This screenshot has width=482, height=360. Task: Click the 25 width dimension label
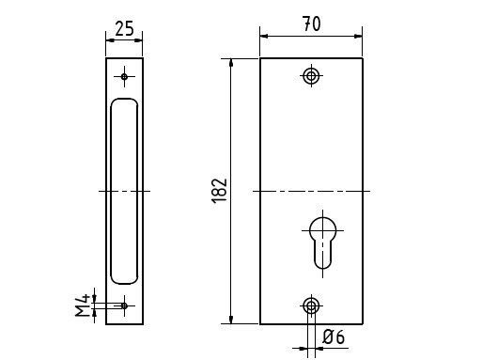pyautogui.click(x=124, y=28)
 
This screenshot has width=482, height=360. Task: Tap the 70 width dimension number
pyautogui.click(x=312, y=24)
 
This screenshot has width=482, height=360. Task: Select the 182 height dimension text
pyautogui.click(x=220, y=191)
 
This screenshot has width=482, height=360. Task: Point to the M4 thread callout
pyautogui.click(x=83, y=305)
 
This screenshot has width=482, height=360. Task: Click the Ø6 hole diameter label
pyautogui.click(x=334, y=337)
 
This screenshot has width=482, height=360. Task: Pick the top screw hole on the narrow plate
pyautogui.click(x=124, y=76)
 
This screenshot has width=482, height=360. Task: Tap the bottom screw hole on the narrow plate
pyautogui.click(x=124, y=305)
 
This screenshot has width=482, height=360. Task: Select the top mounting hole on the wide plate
pyautogui.click(x=311, y=75)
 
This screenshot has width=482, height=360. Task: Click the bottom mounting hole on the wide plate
pyautogui.click(x=311, y=305)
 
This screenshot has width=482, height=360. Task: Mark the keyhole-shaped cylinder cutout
pyautogui.click(x=322, y=243)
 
